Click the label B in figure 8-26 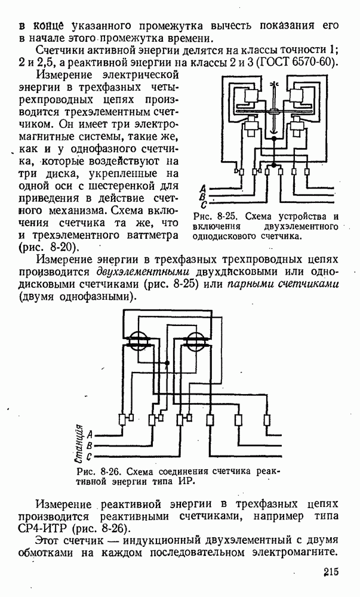click(89, 445)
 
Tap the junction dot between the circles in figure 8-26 click(168, 362)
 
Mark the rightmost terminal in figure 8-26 click(267, 420)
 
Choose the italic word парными click(253, 284)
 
